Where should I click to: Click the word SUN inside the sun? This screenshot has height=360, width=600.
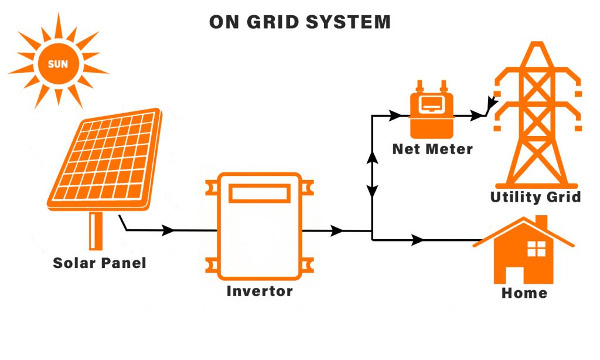(x=57, y=64)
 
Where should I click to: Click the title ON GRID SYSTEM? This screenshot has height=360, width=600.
(x=300, y=22)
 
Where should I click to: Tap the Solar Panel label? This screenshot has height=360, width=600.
(x=100, y=263)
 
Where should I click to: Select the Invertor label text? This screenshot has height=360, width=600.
(x=260, y=291)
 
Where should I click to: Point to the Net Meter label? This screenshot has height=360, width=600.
(x=432, y=149)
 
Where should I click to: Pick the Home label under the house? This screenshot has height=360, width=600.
(x=524, y=293)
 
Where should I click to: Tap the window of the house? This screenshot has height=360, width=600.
(x=536, y=249)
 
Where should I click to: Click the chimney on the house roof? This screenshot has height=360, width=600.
(x=541, y=223)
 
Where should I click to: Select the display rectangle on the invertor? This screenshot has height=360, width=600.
(x=260, y=193)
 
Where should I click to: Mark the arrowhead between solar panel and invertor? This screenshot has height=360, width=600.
(x=168, y=230)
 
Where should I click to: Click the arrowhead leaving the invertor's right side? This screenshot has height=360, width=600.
(x=337, y=231)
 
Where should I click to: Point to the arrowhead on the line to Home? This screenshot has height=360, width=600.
(x=418, y=240)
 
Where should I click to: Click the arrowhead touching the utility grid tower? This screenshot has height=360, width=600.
(x=491, y=106)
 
